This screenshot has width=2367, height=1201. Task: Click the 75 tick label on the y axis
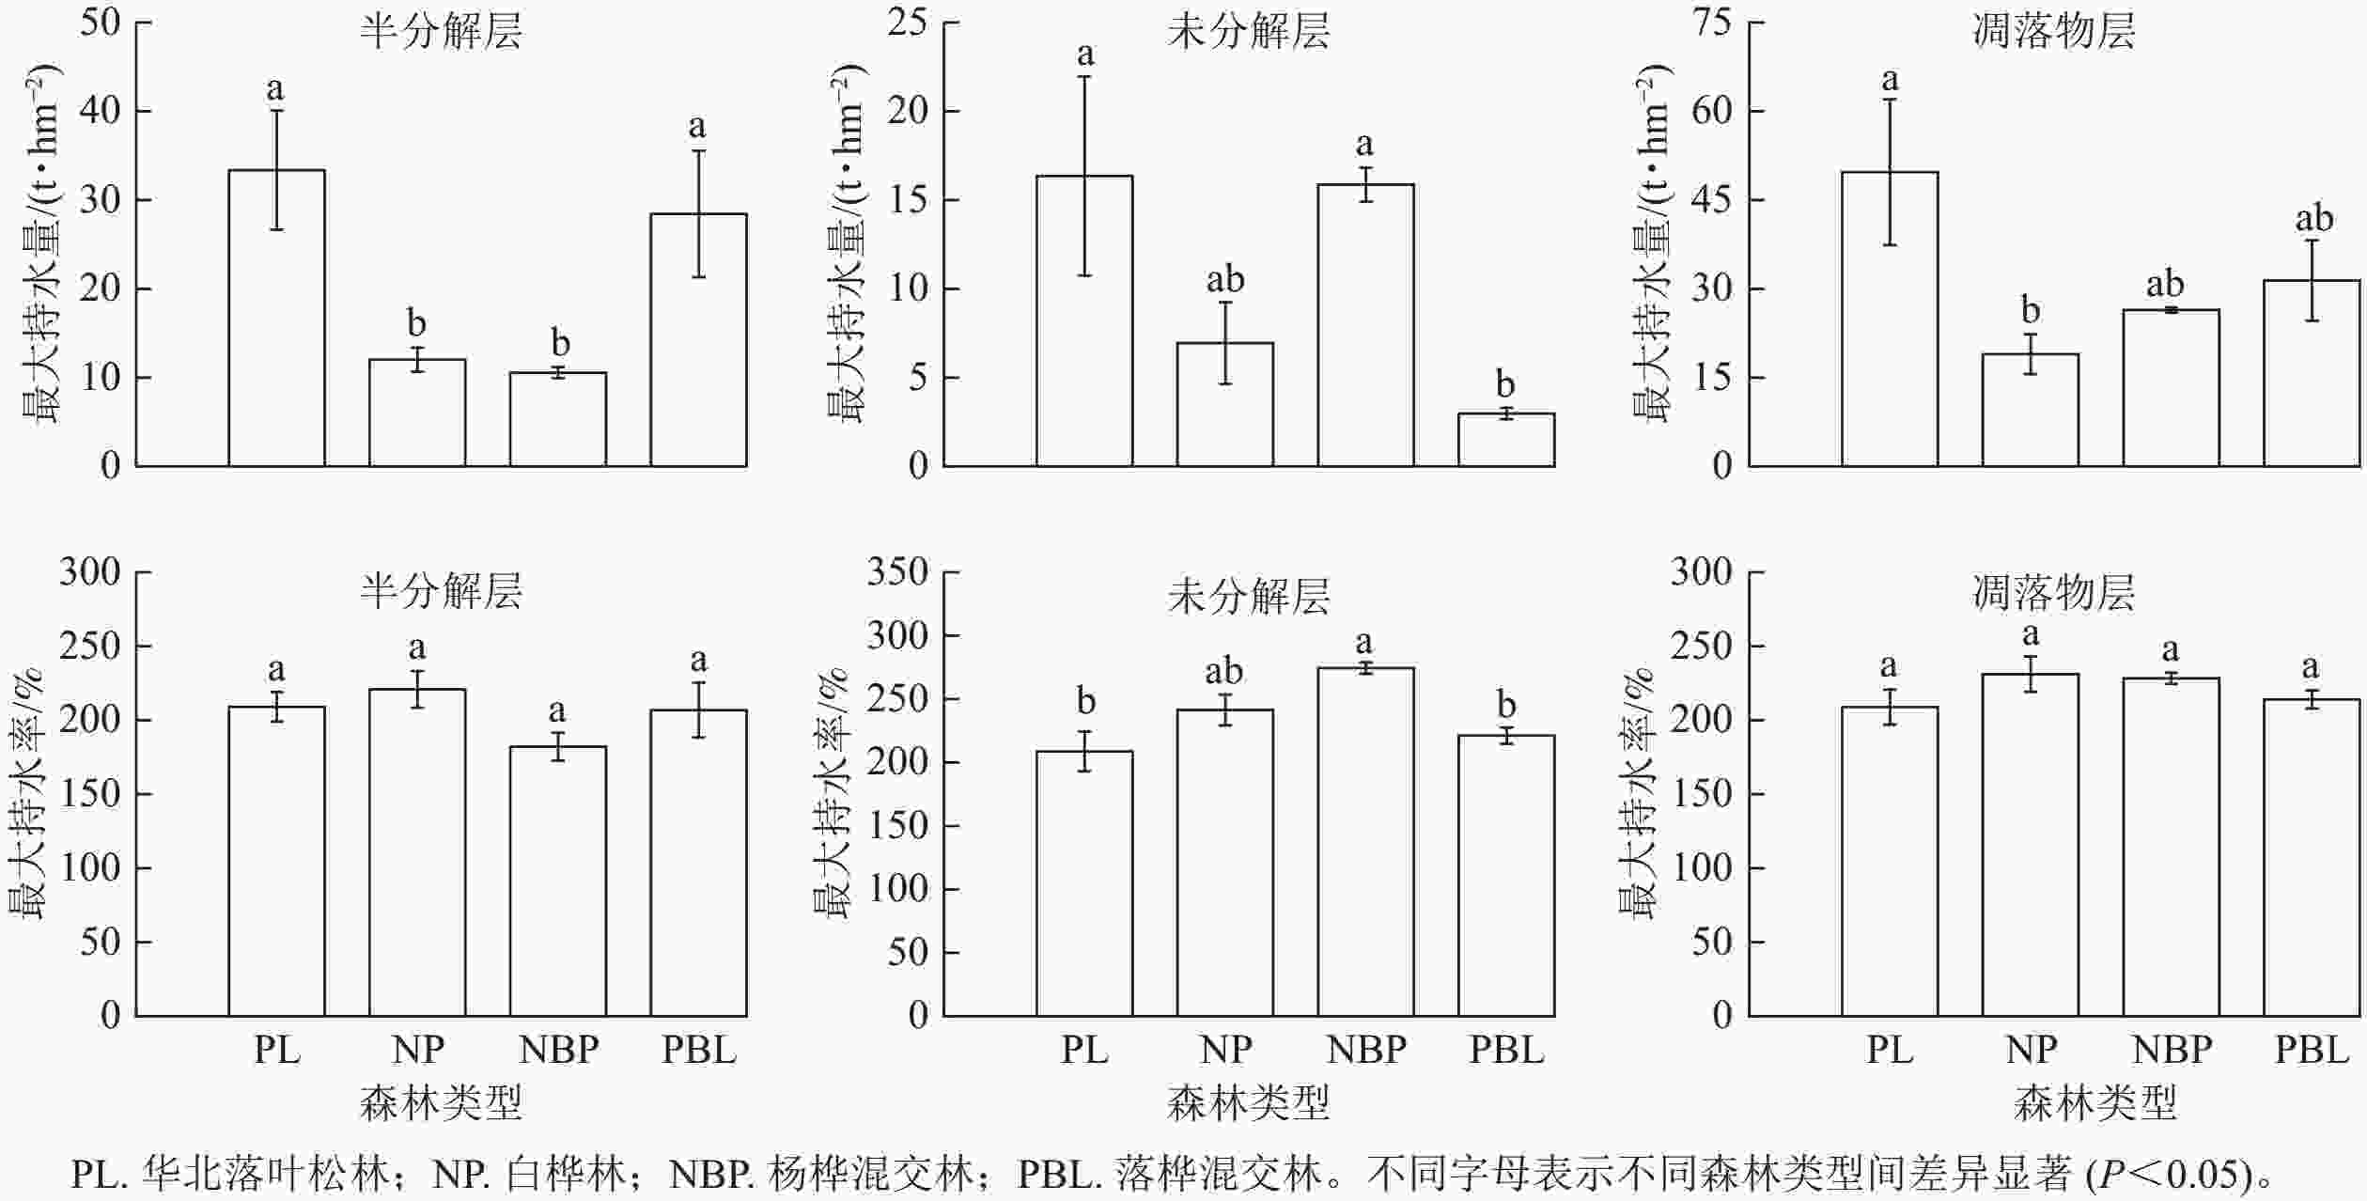(x=1710, y=23)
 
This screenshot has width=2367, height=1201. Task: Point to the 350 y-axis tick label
(x=897, y=571)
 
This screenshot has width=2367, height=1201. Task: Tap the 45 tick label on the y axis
(x=1710, y=200)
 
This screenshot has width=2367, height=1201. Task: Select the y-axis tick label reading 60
(x=1710, y=111)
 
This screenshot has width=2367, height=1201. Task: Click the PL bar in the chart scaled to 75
(x=1889, y=320)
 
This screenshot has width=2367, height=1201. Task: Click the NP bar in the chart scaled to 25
(x=1225, y=404)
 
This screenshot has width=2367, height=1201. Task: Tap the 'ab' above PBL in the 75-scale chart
(x=2313, y=219)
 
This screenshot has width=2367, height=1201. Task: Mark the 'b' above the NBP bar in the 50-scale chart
(x=559, y=343)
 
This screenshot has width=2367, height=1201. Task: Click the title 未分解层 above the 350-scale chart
(x=1249, y=597)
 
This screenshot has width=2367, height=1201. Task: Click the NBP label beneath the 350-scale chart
(x=1366, y=1050)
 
